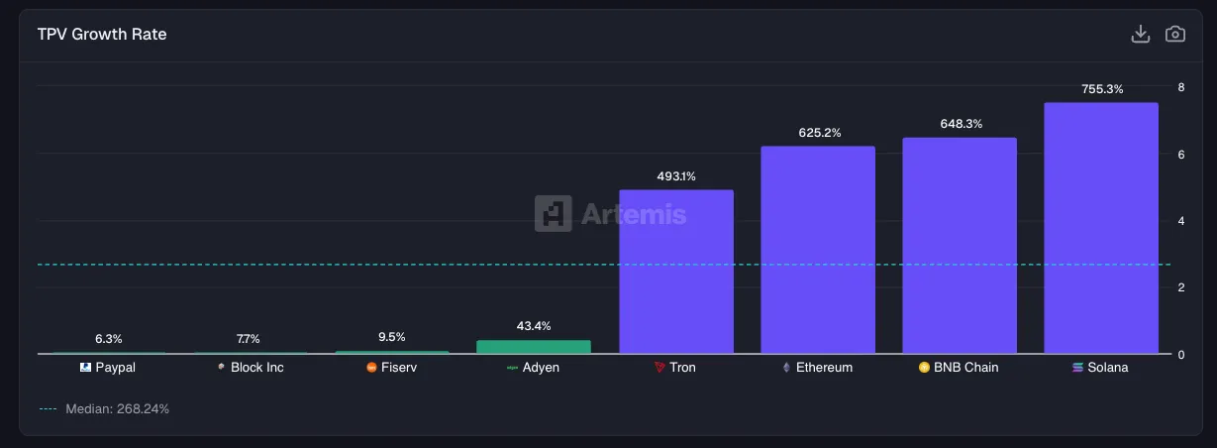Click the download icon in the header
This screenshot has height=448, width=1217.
point(1141,34)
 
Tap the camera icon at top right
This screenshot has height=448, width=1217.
point(1175,34)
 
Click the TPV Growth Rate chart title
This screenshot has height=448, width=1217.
point(102,34)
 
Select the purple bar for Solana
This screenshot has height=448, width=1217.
point(1101,228)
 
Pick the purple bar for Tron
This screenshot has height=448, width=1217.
point(676,272)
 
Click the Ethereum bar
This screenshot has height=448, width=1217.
point(818,250)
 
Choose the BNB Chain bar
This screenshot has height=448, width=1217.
point(960,246)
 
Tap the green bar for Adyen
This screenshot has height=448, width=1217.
point(534,347)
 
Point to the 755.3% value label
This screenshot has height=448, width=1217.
point(1102,89)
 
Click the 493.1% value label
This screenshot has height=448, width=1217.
point(676,176)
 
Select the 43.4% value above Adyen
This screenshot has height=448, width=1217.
point(534,326)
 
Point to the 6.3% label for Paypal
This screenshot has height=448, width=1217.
point(109,339)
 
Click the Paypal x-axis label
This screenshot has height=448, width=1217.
point(115,368)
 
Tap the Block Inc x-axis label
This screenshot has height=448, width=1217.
point(256,368)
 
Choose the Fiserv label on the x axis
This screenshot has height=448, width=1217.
point(399,368)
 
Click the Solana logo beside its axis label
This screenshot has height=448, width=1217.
point(1078,368)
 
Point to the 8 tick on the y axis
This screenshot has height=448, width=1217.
point(1180,87)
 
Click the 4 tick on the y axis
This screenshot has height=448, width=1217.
point(1180,221)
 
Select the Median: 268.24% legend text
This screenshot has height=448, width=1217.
point(117,408)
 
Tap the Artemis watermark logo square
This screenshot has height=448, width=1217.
point(553,213)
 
